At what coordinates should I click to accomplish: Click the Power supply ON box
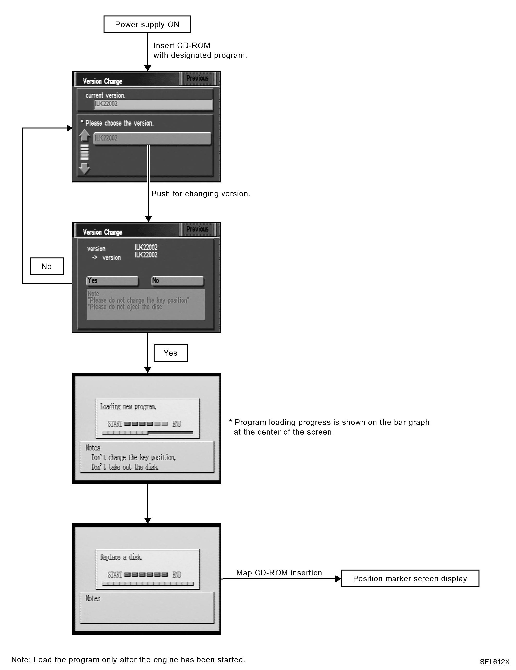[x=147, y=24]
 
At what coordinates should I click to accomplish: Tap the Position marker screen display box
[x=410, y=579]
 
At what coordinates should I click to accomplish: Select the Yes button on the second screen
[x=112, y=281]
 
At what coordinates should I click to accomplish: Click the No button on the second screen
[x=177, y=281]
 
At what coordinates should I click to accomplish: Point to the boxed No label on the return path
[x=47, y=266]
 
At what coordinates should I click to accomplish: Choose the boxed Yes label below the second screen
[x=170, y=353]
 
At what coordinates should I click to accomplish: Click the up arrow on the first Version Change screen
[x=84, y=135]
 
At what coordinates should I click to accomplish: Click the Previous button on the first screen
[x=197, y=79]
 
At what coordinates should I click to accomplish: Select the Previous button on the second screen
[x=197, y=229]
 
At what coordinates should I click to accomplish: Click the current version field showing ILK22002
[x=153, y=104]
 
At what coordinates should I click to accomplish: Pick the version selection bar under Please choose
[x=152, y=138]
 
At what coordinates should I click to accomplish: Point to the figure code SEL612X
[x=494, y=662]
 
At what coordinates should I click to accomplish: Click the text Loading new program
[x=128, y=407]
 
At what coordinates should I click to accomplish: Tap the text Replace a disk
[x=121, y=557]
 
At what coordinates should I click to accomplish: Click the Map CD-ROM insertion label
[x=279, y=573]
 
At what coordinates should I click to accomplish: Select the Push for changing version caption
[x=201, y=194]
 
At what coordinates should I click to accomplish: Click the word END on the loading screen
[x=177, y=424]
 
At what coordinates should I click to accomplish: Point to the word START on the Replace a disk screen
[x=115, y=575]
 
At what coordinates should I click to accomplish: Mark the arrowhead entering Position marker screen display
[x=338, y=579]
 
